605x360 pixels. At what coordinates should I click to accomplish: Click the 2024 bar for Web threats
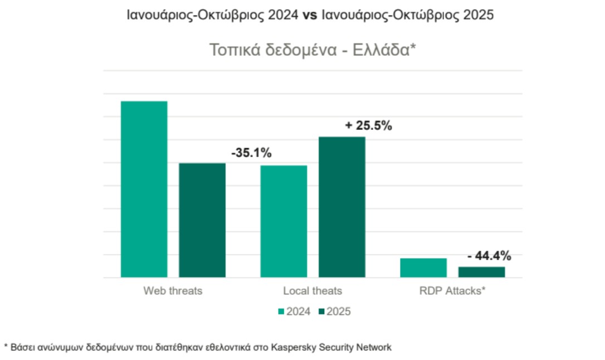point(144,189)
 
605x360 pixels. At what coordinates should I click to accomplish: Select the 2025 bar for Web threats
point(202,220)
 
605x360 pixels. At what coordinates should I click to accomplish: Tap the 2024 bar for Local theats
point(284,221)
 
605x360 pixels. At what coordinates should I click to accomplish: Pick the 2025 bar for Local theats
point(342,207)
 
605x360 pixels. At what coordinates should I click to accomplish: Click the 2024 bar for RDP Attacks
point(423,267)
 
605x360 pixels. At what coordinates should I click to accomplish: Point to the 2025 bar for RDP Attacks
point(482,272)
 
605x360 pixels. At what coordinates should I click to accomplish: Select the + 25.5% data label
point(368,125)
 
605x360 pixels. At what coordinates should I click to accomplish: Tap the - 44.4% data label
point(489,256)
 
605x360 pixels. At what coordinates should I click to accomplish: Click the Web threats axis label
point(173,291)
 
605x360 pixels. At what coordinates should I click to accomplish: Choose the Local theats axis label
point(313,291)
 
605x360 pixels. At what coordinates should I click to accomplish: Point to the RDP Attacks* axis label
point(452,291)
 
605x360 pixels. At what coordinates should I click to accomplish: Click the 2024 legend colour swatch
point(281,312)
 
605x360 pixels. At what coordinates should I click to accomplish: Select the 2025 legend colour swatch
point(321,312)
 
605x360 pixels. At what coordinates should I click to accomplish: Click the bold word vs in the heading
point(310,16)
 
